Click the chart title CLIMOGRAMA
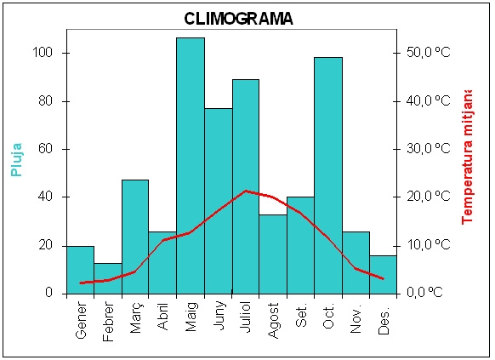pyautogui.click(x=238, y=19)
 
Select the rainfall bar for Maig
pyautogui.click(x=191, y=166)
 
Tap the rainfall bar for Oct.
pyautogui.click(x=328, y=175)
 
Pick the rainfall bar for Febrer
pyautogui.click(x=108, y=278)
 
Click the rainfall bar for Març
pyautogui.click(x=135, y=237)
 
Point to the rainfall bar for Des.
pyautogui.click(x=383, y=275)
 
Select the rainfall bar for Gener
pyautogui.click(x=81, y=270)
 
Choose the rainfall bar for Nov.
pyautogui.click(x=356, y=263)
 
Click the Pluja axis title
pyautogui.click(x=16, y=160)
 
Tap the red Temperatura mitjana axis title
pyautogui.click(x=467, y=157)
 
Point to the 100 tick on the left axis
pyautogui.click(x=43, y=53)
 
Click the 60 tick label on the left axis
pyautogui.click(x=45, y=149)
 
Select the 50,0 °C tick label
pyautogui.click(x=428, y=52)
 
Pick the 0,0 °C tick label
pyautogui.click(x=424, y=292)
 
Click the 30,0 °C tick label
pyautogui.click(x=428, y=148)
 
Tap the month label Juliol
pyautogui.click(x=246, y=317)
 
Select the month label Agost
pyautogui.click(x=273, y=321)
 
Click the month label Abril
pyautogui.click(x=162, y=317)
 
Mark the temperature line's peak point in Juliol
pyautogui.click(x=246, y=191)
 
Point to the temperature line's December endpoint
pyautogui.click(x=383, y=278)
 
